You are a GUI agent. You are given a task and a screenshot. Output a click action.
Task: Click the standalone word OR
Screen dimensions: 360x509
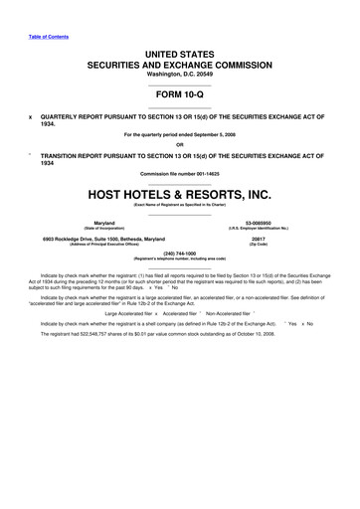pos(179,143)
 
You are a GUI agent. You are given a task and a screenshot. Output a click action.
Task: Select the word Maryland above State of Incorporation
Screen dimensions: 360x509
pos(103,223)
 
